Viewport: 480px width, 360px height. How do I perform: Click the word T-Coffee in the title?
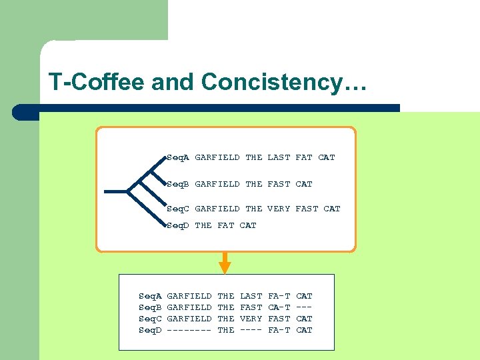[x=97, y=83]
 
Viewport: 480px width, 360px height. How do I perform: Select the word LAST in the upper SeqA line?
[x=279, y=157]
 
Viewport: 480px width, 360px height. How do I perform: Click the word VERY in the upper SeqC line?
[x=279, y=209]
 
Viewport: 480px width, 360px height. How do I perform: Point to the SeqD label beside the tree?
[x=178, y=225]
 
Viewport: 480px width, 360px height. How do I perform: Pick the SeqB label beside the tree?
[x=178, y=184]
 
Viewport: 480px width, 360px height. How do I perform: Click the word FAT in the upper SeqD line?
[x=226, y=225]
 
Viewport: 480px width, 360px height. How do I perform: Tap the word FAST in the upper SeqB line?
[x=279, y=184]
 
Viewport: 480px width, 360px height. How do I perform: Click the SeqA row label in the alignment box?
[x=150, y=296]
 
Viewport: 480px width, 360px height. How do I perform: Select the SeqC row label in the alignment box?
[x=150, y=319]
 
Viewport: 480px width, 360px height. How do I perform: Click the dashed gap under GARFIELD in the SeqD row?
[x=189, y=330]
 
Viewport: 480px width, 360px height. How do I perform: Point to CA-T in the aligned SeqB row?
[x=279, y=307]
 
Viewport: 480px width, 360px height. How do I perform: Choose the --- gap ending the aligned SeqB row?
[x=304, y=307]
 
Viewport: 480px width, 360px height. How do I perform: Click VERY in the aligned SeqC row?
[x=251, y=319]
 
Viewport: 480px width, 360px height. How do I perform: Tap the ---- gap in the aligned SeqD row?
[x=251, y=330]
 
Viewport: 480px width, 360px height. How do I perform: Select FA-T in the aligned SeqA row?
[x=279, y=296]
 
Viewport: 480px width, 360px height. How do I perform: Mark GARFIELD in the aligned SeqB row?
[x=189, y=307]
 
